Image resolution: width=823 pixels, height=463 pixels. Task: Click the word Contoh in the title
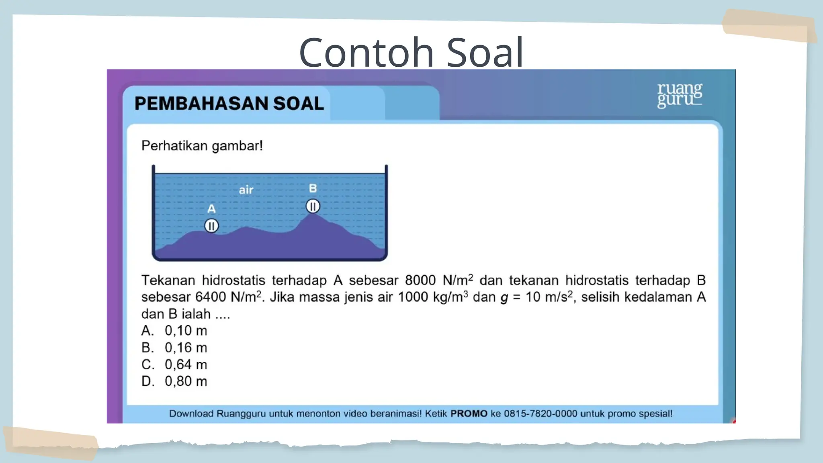point(366,52)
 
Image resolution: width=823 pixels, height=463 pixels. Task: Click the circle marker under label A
point(211,226)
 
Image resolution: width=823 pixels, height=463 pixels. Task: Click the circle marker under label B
point(313,206)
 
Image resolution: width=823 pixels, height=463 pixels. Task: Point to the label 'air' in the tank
point(246,190)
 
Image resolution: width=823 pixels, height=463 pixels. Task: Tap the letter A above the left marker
point(211,209)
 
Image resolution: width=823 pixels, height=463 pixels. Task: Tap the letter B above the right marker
point(313,188)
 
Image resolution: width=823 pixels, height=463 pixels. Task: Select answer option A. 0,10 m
point(174,331)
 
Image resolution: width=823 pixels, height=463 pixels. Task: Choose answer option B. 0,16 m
point(174,348)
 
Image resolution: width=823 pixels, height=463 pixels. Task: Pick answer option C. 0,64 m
point(174,365)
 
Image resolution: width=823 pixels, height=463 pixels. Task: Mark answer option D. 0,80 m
point(174,381)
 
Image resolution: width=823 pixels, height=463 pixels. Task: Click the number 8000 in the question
point(420,281)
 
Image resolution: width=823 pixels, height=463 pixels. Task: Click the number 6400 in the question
point(211,297)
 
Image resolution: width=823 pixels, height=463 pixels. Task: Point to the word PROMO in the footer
point(469,414)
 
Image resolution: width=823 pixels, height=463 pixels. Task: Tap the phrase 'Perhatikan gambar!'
point(202,145)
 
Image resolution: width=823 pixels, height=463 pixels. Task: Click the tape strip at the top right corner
point(770,26)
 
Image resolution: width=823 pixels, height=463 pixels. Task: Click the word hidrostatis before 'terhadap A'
point(233,281)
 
